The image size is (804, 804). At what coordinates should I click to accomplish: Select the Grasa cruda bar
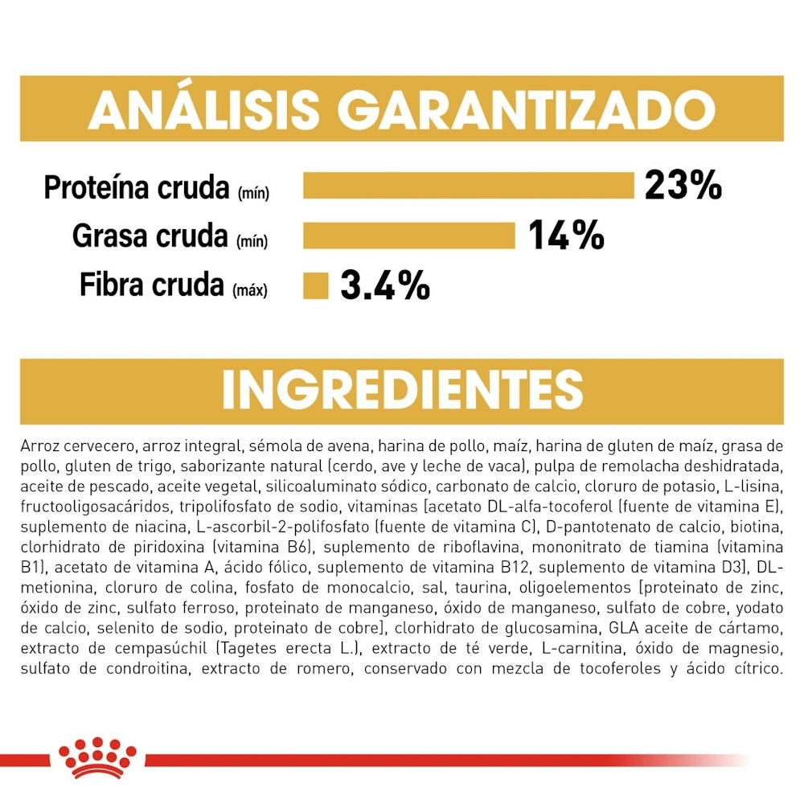tap(408, 236)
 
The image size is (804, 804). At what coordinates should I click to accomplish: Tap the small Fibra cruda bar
tap(316, 285)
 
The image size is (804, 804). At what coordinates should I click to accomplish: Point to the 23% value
tap(683, 185)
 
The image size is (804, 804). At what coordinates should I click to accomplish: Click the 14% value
tap(566, 236)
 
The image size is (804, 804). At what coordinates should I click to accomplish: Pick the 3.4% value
tap(385, 285)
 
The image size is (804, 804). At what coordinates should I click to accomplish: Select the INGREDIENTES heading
tap(402, 390)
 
